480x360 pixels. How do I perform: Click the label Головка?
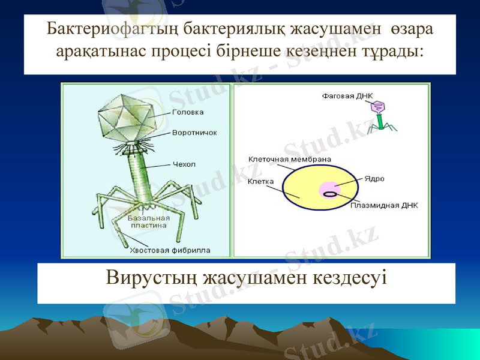(x=188, y=112)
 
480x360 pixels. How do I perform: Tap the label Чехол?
(x=184, y=164)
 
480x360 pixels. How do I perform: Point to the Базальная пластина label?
(x=148, y=222)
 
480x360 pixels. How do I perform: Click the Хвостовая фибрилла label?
(x=170, y=250)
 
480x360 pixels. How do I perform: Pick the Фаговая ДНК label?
(x=347, y=95)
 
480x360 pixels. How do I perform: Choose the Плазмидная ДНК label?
(x=384, y=205)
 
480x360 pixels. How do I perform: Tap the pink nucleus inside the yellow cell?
(x=329, y=188)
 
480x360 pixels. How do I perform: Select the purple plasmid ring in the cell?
(x=330, y=194)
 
